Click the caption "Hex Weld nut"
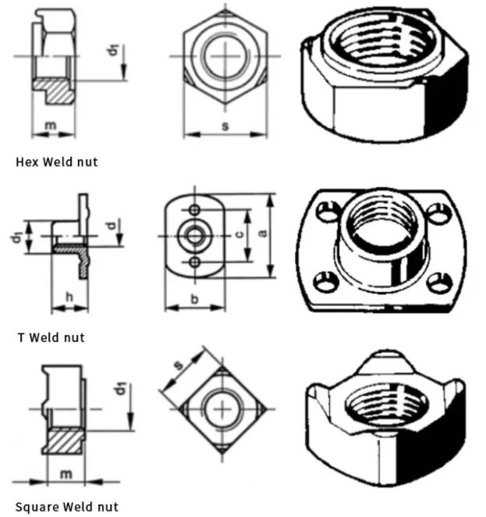(57, 162)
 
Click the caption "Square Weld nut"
(66, 507)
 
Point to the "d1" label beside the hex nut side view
(114, 52)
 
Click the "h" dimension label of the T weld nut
(69, 298)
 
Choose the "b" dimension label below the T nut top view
(193, 299)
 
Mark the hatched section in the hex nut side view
(56, 89)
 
